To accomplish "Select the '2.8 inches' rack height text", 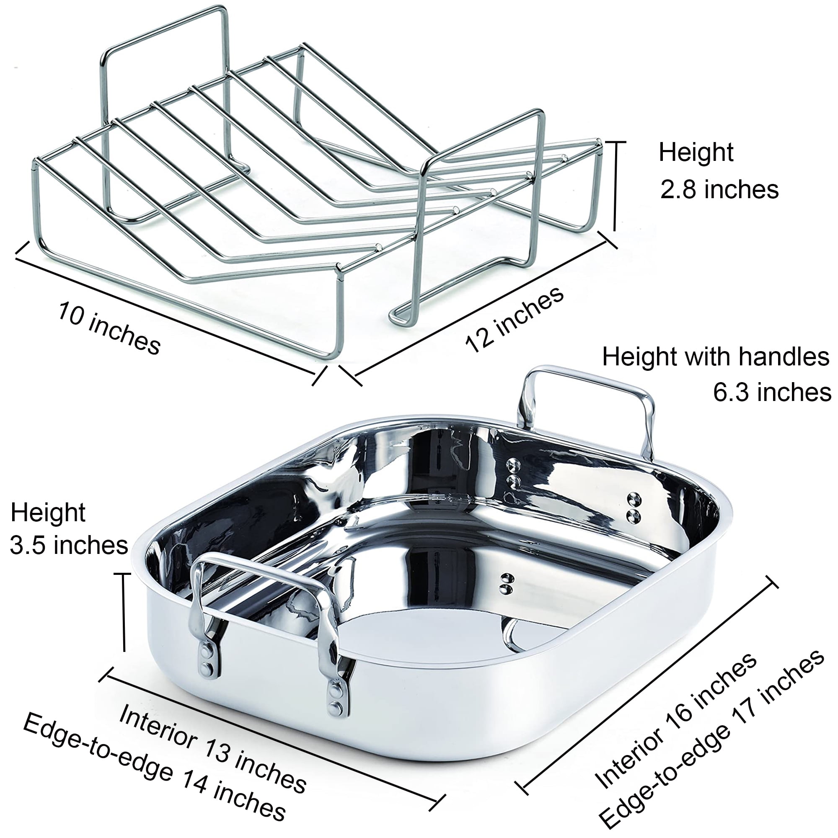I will (x=719, y=190).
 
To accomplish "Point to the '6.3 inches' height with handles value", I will (x=772, y=392).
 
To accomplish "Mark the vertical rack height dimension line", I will (x=615, y=186).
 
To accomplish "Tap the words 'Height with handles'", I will (x=716, y=357).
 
